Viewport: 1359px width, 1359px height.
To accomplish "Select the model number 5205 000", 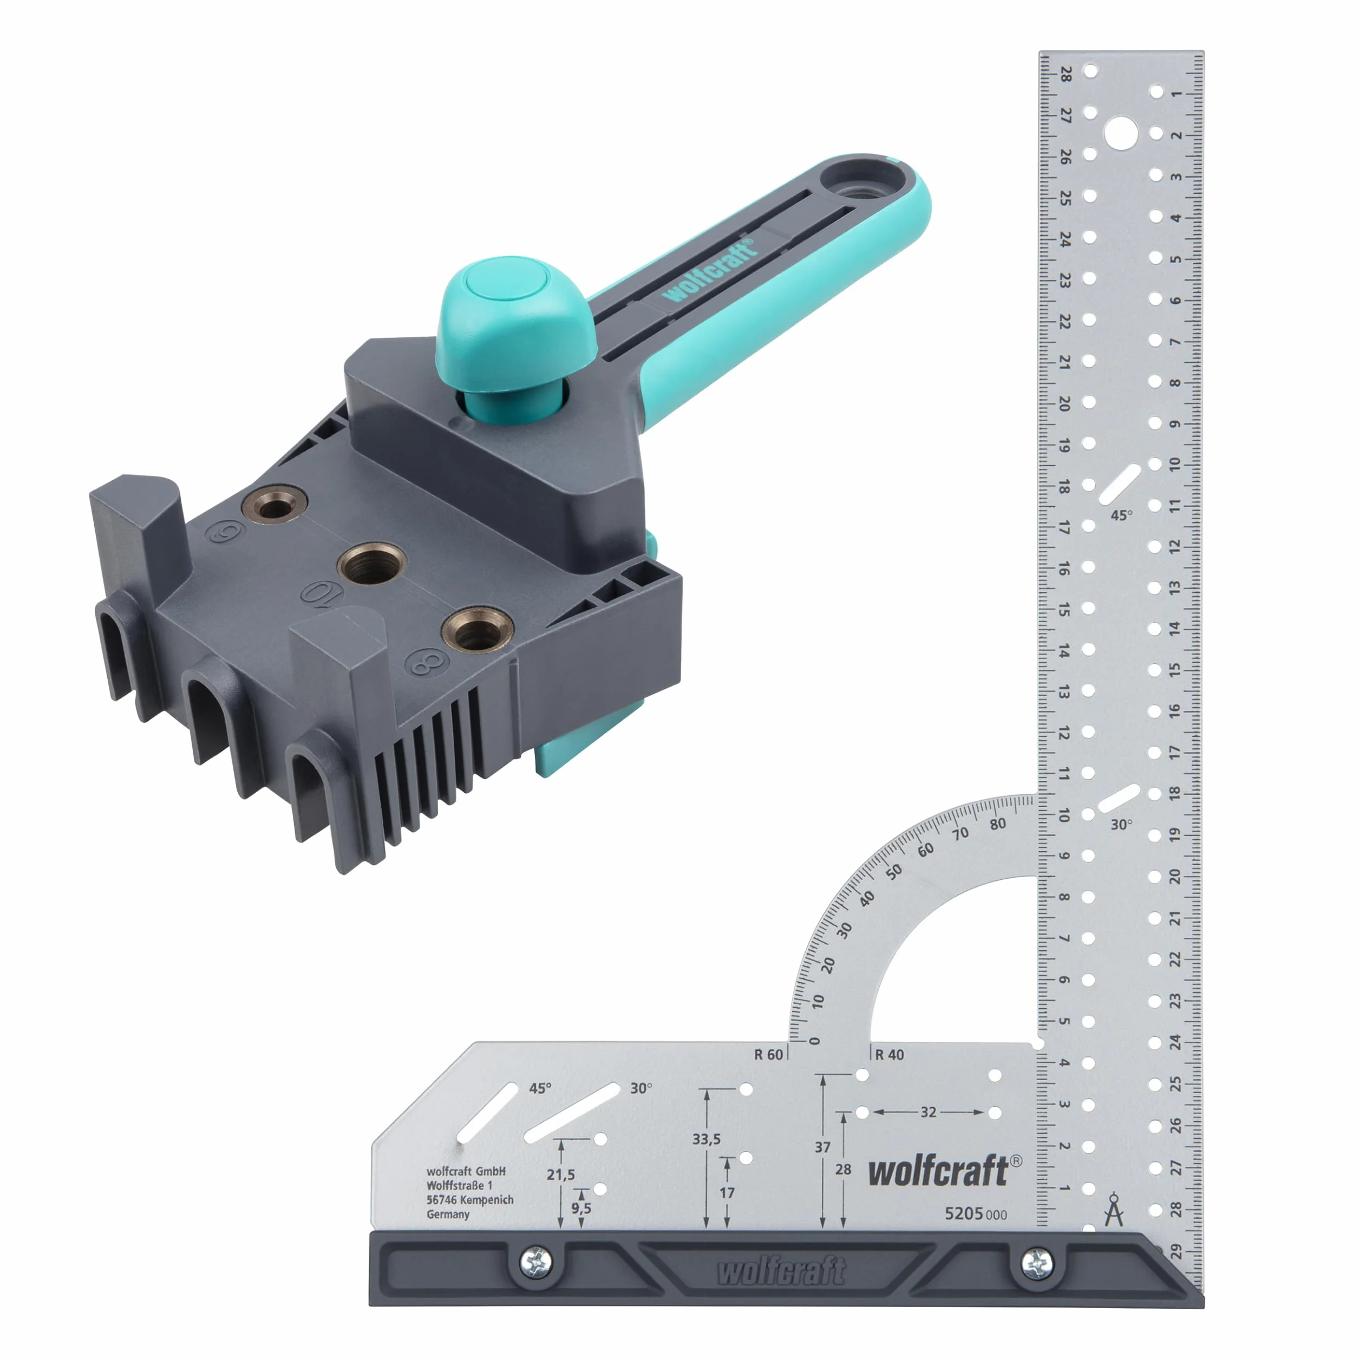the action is click(x=976, y=1213).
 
